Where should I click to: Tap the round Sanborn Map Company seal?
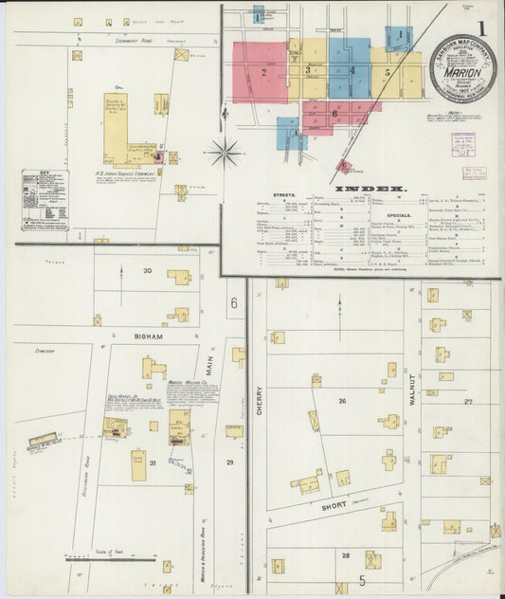(462, 70)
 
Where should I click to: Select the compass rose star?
(225, 150)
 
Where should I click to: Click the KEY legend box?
(45, 199)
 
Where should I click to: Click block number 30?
(147, 271)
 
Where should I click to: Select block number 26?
(342, 401)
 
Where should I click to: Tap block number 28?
(346, 555)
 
